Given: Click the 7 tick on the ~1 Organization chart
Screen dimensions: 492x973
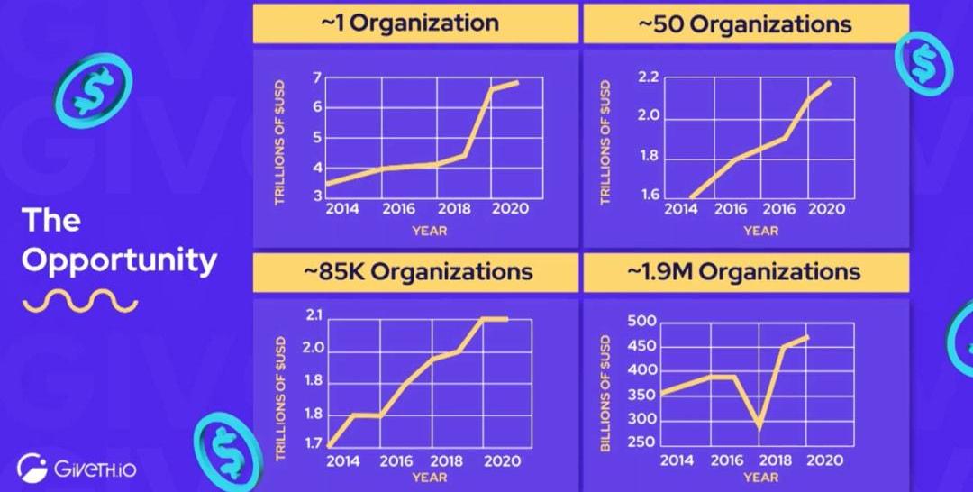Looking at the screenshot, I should pyautogui.click(x=316, y=77).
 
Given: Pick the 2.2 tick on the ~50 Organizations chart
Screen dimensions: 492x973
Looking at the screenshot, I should pyautogui.click(x=648, y=77).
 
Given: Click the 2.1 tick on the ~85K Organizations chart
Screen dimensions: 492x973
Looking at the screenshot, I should pyautogui.click(x=314, y=315).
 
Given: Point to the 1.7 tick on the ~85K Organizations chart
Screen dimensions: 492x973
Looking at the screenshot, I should pyautogui.click(x=314, y=442).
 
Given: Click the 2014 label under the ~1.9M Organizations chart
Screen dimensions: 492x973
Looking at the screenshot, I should pyautogui.click(x=677, y=460).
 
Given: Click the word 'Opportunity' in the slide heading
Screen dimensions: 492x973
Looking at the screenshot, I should pyautogui.click(x=119, y=260).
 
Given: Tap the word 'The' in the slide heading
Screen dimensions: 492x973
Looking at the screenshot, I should pyautogui.click(x=51, y=221).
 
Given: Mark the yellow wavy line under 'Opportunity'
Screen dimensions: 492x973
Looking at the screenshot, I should pyautogui.click(x=79, y=301).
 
